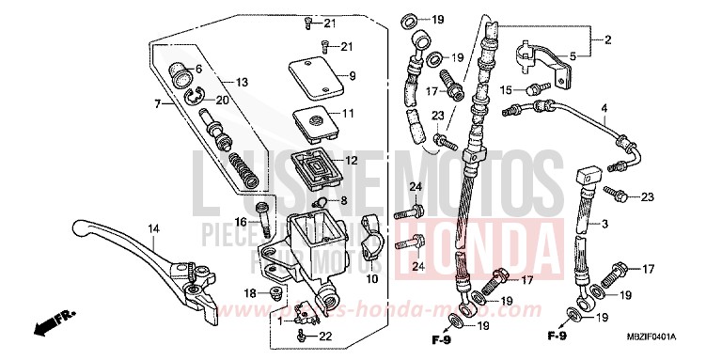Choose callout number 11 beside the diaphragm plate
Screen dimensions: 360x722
348,114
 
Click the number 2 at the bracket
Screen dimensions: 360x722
607,39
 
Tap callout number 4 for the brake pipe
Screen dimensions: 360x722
604,108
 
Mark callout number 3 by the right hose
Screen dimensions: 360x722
605,223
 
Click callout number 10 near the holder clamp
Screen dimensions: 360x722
371,278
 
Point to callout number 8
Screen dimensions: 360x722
344,200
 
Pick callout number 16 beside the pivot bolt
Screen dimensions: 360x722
241,222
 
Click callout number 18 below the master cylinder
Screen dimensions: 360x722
249,294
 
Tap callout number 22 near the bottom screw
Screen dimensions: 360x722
326,337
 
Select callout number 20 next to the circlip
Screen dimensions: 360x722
222,100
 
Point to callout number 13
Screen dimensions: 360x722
242,83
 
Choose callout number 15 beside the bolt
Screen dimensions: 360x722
505,90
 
